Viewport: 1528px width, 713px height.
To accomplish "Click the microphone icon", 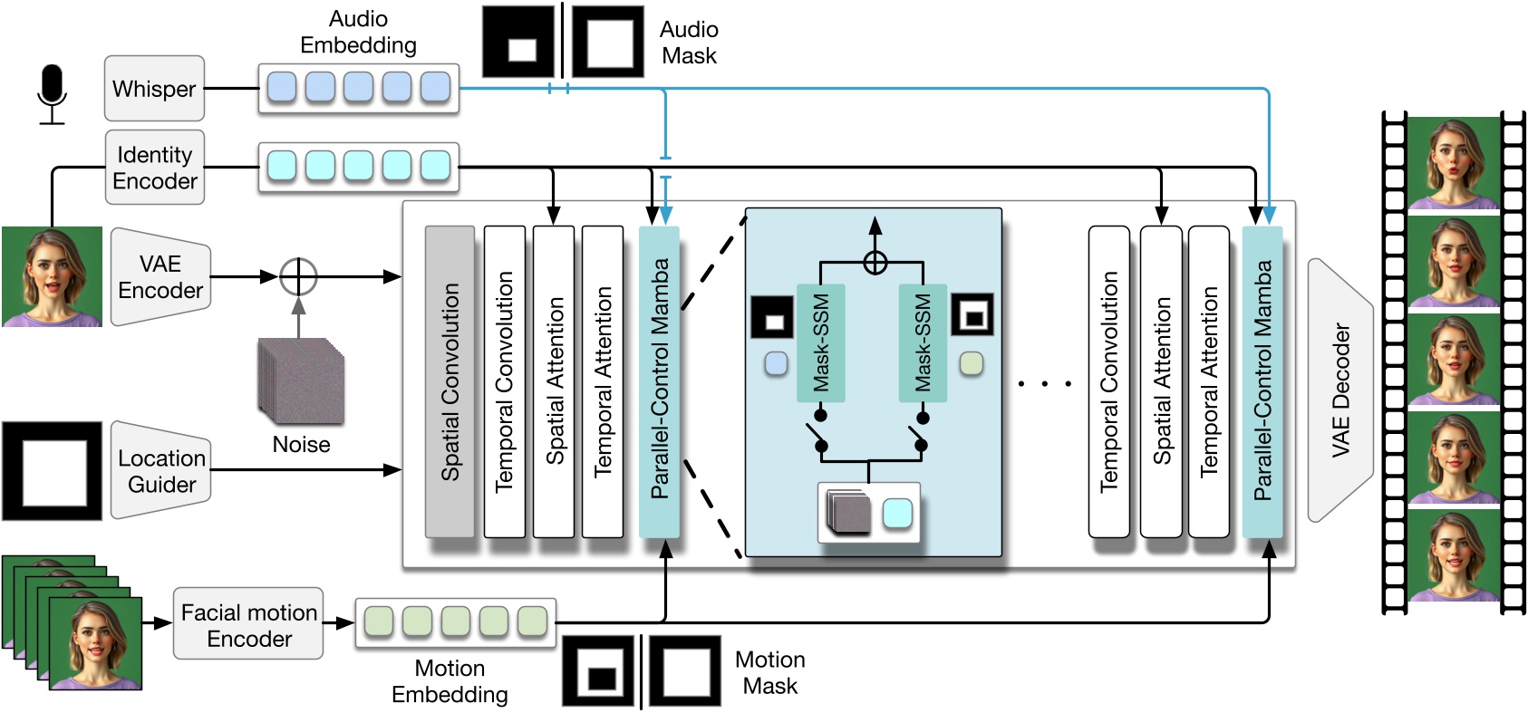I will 53,92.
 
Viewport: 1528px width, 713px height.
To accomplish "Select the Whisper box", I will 154,89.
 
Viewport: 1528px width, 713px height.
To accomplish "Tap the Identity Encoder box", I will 154,168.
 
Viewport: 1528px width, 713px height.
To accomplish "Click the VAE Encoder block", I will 160,277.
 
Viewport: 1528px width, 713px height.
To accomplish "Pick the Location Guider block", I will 161,471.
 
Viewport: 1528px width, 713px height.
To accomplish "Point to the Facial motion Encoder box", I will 248,625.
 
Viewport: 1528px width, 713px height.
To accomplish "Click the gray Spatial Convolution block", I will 450,381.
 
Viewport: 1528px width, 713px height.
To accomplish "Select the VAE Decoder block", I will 1340,390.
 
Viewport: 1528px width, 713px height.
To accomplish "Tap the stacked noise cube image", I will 301,381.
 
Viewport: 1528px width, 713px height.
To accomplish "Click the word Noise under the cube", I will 301,445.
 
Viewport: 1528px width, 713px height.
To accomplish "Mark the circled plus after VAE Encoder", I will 298,276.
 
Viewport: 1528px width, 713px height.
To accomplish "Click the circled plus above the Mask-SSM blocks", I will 875,263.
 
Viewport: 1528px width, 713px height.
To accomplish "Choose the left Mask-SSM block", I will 820,342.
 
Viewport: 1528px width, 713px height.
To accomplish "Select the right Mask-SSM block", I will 923,342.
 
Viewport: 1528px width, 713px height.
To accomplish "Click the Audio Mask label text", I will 689,43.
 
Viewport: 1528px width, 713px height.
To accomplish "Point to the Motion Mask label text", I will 769,672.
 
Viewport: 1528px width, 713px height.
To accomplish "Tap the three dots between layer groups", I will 1044,384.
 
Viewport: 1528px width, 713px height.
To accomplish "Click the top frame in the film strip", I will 1453,164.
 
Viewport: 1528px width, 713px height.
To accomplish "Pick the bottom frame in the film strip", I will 1453,556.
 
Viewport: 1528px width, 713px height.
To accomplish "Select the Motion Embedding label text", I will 450,681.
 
